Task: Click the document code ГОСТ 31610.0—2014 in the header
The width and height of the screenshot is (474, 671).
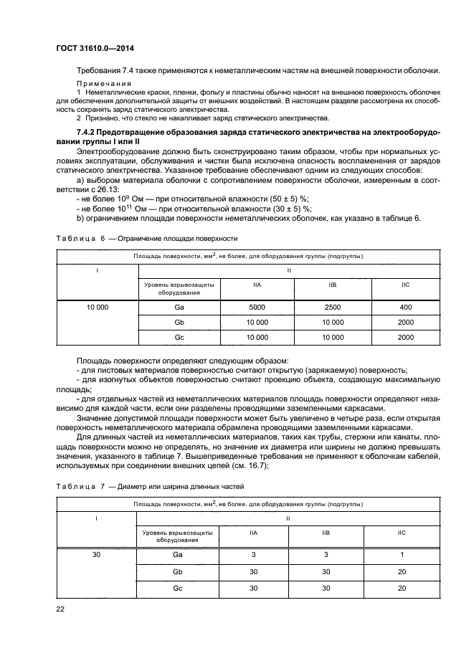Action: (x=95, y=49)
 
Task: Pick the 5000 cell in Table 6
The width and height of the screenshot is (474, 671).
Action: (x=256, y=307)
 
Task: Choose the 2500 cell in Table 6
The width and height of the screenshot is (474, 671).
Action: (x=332, y=307)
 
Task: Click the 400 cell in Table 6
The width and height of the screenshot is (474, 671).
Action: (x=406, y=307)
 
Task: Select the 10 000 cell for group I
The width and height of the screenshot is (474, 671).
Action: (x=96, y=307)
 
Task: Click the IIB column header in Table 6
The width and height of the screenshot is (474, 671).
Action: (x=332, y=285)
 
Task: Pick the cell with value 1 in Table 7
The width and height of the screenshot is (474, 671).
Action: (x=402, y=555)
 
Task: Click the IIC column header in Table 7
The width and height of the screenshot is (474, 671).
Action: (x=402, y=533)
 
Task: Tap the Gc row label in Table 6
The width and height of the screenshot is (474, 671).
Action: (x=180, y=337)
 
